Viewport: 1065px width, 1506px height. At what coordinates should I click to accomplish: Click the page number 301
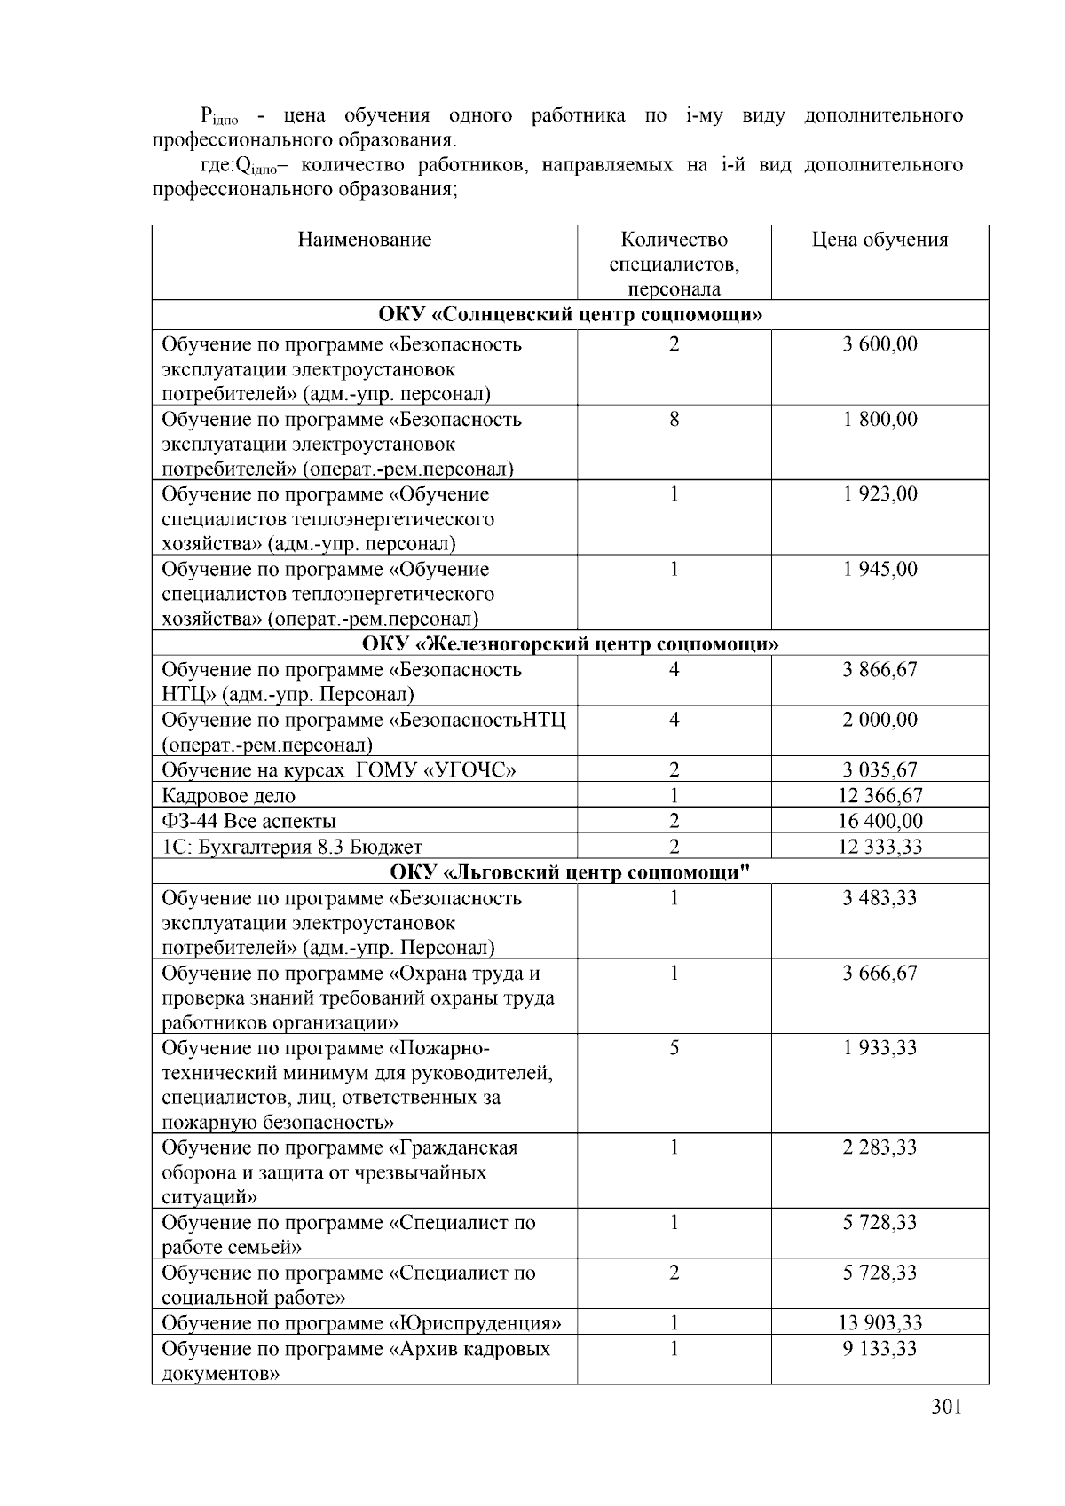tap(947, 1407)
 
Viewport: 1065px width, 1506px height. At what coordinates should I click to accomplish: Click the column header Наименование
tap(364, 240)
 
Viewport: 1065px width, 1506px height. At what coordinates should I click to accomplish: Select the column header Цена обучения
tap(880, 240)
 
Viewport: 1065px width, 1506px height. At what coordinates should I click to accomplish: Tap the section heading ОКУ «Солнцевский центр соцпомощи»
tap(570, 315)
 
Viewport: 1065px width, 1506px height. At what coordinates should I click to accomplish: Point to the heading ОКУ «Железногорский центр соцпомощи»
tap(570, 643)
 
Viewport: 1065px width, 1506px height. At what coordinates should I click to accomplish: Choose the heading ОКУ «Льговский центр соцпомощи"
tap(570, 871)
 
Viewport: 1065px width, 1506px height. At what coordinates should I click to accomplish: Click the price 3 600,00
tap(880, 344)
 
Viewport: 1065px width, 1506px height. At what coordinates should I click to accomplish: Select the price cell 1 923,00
tap(880, 494)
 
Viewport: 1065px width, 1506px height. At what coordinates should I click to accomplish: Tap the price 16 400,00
tap(880, 821)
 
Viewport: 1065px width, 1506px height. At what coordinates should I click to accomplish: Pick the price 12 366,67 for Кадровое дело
tap(880, 796)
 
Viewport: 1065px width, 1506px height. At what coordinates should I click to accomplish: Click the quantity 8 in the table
tap(674, 419)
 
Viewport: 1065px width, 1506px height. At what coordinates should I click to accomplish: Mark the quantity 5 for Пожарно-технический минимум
tap(674, 1048)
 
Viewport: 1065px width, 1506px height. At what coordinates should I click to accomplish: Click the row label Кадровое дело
tap(228, 796)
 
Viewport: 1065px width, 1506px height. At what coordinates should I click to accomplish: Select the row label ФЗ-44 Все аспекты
tap(248, 821)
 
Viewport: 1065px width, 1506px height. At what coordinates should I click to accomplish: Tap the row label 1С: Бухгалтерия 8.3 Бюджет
tap(292, 847)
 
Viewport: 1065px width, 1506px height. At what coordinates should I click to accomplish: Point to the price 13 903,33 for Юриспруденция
tap(880, 1323)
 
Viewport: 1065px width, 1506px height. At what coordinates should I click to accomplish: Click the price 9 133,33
tap(880, 1349)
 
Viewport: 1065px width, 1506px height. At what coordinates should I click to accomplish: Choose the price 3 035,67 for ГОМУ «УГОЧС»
tap(880, 770)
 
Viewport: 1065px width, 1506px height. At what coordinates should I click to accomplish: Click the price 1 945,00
tap(880, 569)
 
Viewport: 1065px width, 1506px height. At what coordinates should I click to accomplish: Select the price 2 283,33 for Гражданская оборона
tap(880, 1147)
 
